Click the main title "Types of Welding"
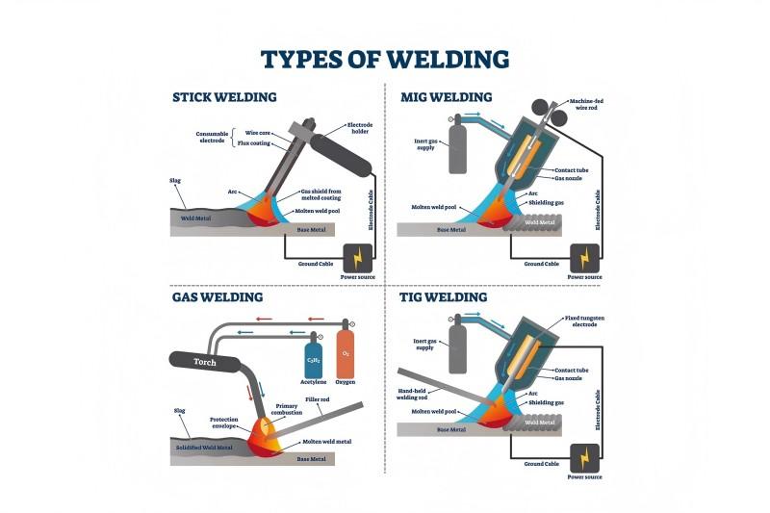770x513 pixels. (x=385, y=60)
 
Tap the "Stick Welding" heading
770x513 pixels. (x=224, y=97)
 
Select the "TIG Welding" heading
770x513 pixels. (x=443, y=297)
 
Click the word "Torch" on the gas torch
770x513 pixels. (x=205, y=363)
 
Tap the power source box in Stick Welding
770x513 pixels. (x=358, y=258)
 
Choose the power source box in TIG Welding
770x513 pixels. (x=584, y=456)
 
